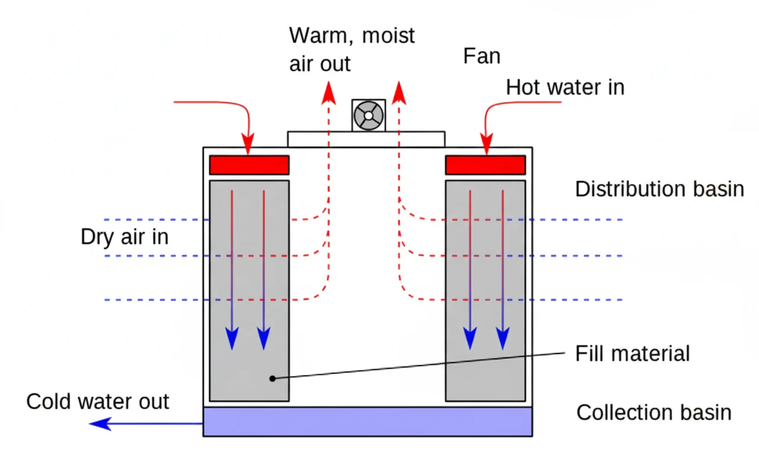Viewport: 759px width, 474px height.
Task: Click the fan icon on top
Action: pos(368,115)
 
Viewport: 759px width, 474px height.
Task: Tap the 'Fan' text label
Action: pos(481,56)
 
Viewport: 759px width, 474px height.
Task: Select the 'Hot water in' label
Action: pos(565,88)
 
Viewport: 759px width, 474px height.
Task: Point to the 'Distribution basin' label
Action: pos(659,189)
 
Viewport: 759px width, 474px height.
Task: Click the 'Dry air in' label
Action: pos(125,237)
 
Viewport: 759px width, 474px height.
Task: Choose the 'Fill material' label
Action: pos(632,354)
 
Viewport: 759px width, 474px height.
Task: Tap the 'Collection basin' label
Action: pos(653,412)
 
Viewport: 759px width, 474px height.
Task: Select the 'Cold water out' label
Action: pos(98,402)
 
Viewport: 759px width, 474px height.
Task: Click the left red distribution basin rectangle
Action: pos(249,165)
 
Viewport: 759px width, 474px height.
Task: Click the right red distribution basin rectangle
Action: pos(485,165)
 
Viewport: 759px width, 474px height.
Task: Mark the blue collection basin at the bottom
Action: pos(367,421)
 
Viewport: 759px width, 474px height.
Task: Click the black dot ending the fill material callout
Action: pos(272,378)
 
